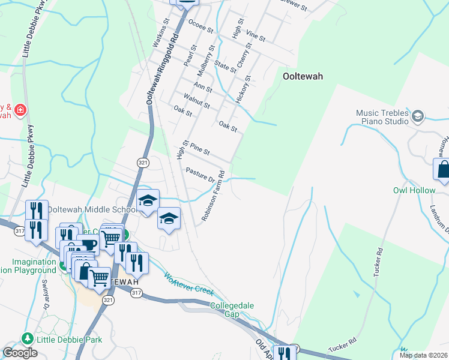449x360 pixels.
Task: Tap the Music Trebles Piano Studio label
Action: coord(382,116)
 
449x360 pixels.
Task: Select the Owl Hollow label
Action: coord(414,190)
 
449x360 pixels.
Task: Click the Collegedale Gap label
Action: coord(232,310)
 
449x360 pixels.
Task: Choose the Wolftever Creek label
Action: coord(189,283)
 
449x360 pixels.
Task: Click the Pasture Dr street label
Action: coord(200,175)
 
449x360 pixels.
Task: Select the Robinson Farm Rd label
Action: coord(213,196)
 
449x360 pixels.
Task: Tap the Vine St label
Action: coord(256,35)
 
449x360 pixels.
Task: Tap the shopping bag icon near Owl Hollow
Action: coord(443,170)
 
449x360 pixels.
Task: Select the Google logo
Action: coord(20,353)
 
